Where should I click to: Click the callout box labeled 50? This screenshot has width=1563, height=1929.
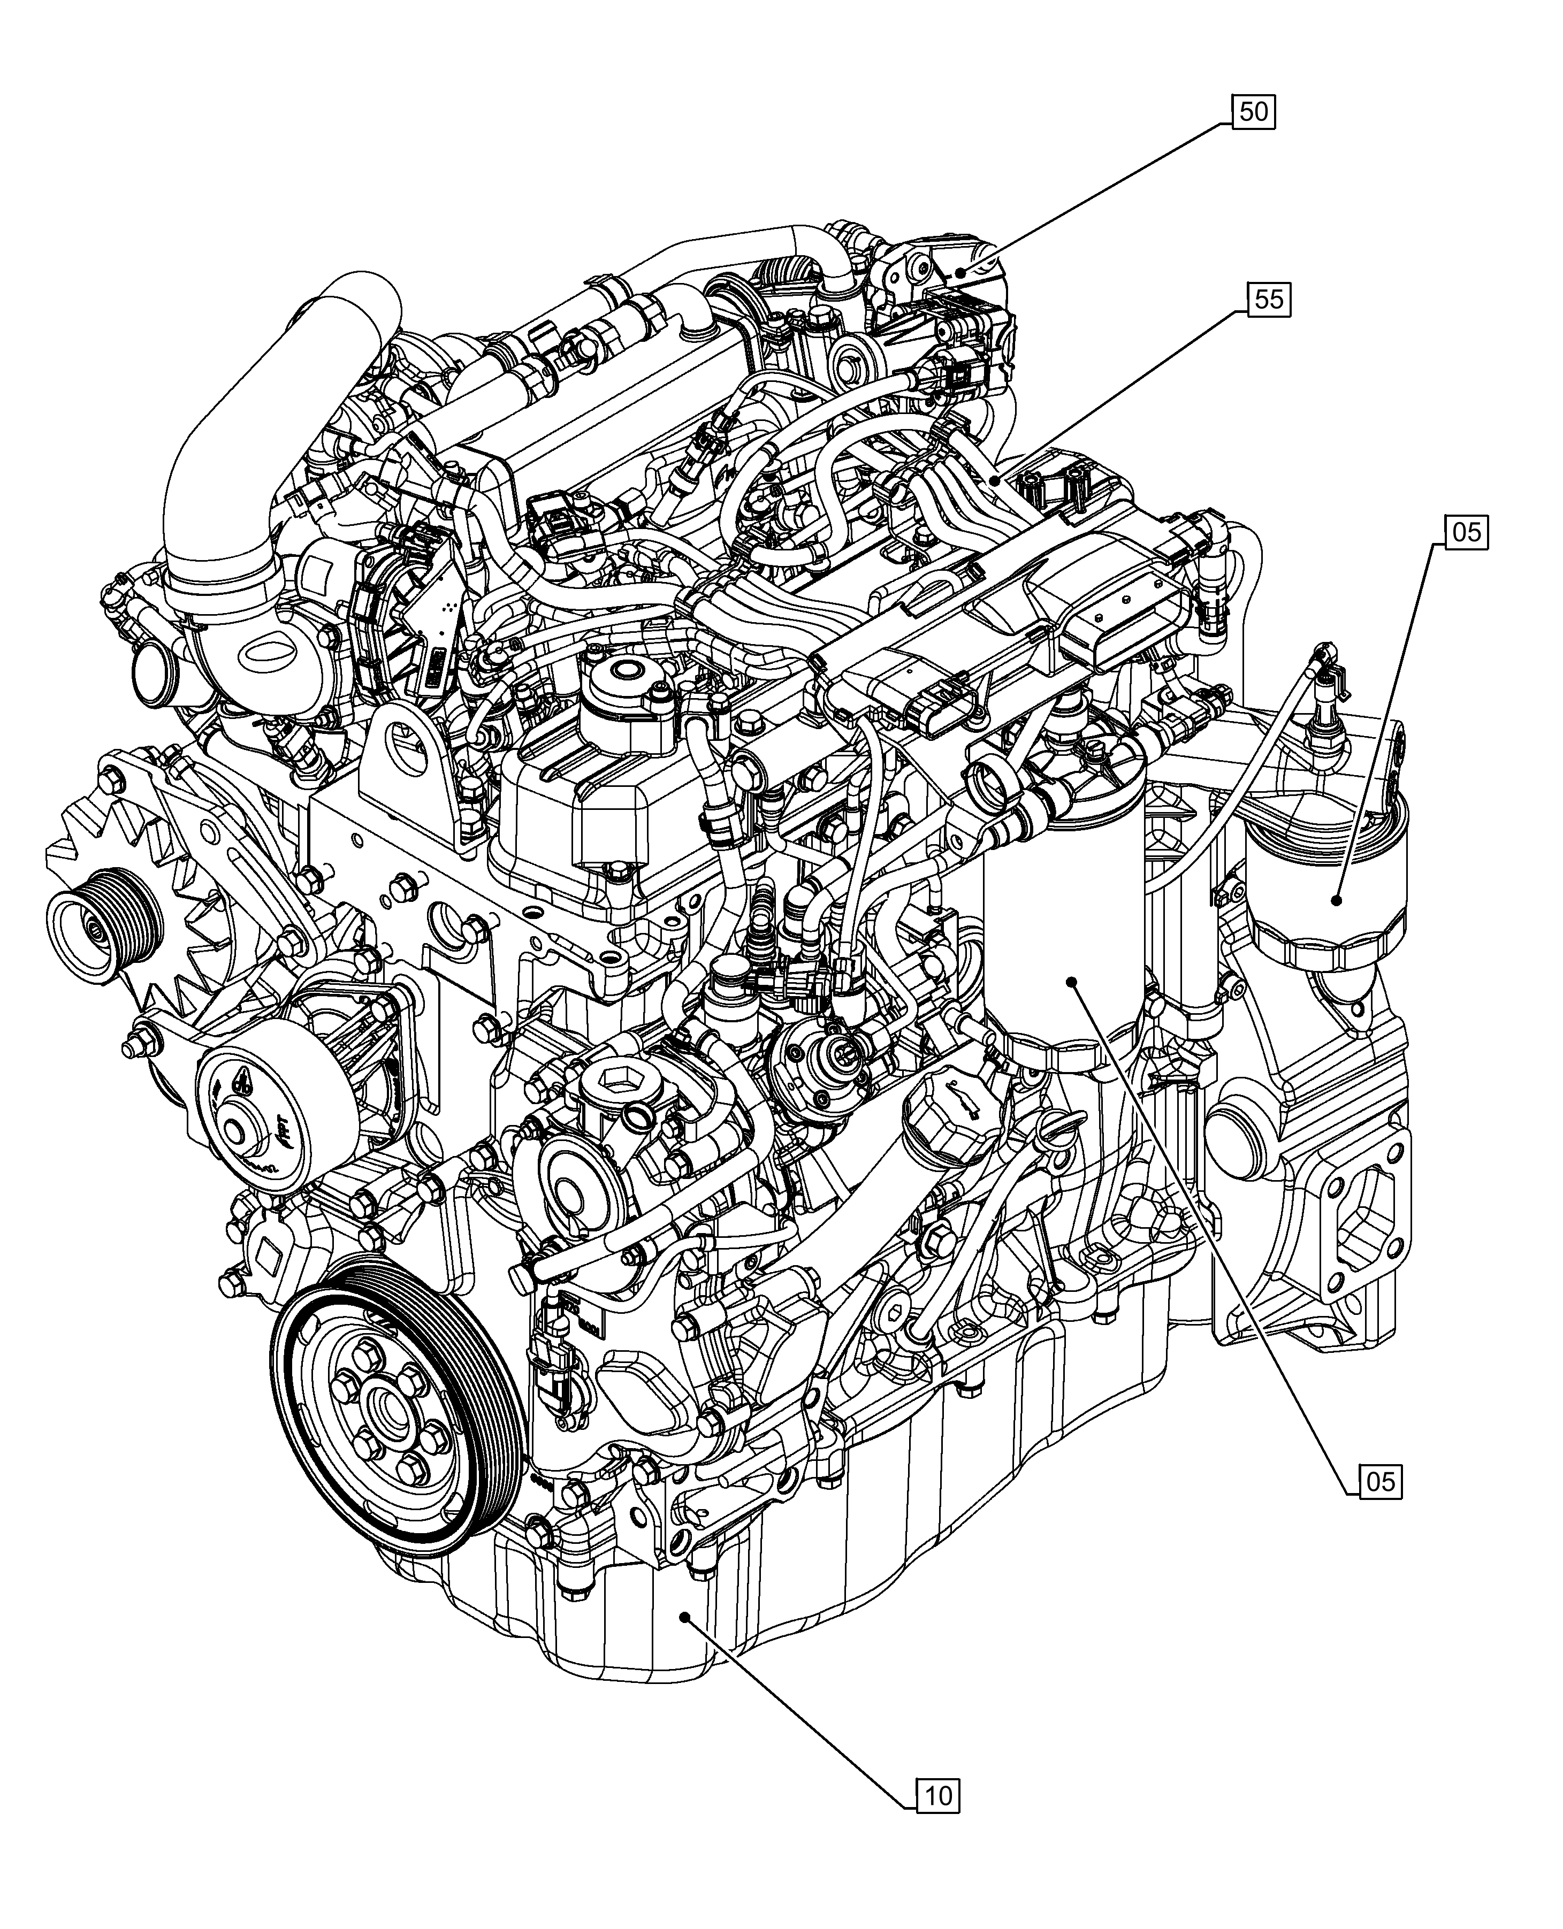click(x=1253, y=112)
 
